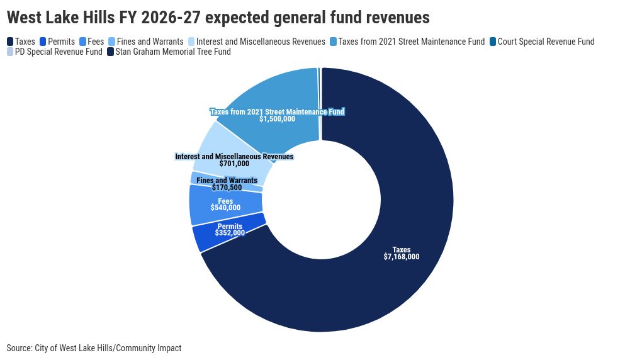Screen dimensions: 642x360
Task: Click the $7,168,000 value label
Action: [402, 257]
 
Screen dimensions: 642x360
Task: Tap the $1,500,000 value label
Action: [277, 119]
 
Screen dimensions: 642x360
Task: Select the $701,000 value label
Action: [234, 164]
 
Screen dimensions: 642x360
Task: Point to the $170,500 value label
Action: [227, 188]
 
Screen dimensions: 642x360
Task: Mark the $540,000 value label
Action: [225, 208]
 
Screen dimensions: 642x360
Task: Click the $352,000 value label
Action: [230, 233]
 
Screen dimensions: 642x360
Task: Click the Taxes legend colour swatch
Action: [10, 42]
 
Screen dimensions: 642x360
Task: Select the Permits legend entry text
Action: [62, 42]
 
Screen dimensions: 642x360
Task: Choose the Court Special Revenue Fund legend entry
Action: [542, 42]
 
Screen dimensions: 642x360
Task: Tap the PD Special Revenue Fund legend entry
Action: [55, 52]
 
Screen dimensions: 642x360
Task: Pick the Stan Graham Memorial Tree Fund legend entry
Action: [169, 52]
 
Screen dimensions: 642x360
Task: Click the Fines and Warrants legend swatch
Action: [112, 42]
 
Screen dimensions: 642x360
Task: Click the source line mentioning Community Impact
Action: [94, 348]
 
